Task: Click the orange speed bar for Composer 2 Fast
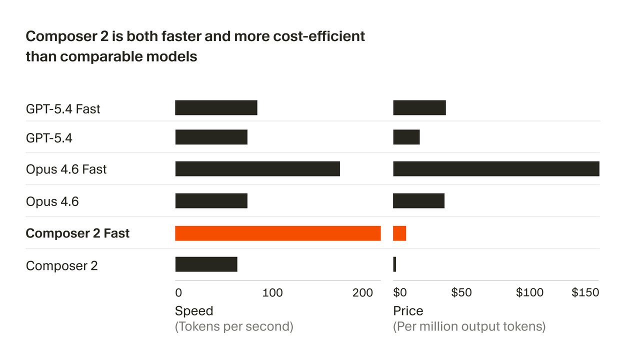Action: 277,233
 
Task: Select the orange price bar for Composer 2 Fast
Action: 399,233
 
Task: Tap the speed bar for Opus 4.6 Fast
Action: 257,169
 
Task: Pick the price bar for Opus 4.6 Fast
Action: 496,169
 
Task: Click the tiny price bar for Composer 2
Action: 394,264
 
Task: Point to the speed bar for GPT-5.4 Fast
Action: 216,108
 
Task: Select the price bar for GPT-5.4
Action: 406,137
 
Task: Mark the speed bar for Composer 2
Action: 206,264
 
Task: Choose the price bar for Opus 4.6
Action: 418,201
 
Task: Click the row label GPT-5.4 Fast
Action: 63,109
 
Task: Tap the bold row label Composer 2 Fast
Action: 77,233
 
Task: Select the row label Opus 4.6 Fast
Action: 66,169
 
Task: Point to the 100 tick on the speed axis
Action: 272,293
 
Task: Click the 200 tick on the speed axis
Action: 362,293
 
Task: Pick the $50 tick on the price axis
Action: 461,292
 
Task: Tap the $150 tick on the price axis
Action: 585,292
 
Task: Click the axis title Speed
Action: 194,311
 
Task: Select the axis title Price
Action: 408,311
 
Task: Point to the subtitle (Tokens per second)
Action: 234,327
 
